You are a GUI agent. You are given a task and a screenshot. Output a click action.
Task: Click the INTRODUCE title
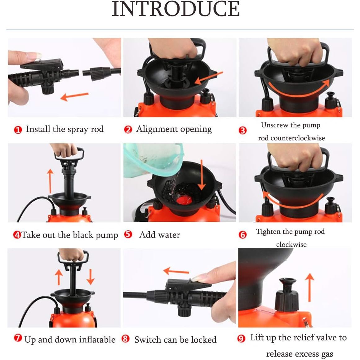(176, 9)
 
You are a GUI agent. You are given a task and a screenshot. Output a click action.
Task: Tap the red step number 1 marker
(18, 130)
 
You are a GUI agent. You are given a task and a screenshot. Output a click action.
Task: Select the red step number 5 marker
(128, 234)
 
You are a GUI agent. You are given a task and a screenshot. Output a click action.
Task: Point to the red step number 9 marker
(241, 339)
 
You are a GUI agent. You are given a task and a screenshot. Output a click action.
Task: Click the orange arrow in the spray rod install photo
(74, 96)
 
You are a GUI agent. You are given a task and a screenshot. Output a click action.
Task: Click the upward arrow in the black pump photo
(50, 181)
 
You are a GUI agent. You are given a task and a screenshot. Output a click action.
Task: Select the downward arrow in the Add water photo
(202, 175)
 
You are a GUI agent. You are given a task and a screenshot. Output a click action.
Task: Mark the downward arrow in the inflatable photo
(91, 277)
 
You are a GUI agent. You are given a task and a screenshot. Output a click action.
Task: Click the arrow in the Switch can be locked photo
(176, 271)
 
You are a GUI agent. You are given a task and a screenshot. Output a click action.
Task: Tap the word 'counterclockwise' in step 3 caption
(298, 138)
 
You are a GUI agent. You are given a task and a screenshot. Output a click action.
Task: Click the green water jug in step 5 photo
(153, 160)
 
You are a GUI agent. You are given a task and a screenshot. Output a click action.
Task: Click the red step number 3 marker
(243, 131)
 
